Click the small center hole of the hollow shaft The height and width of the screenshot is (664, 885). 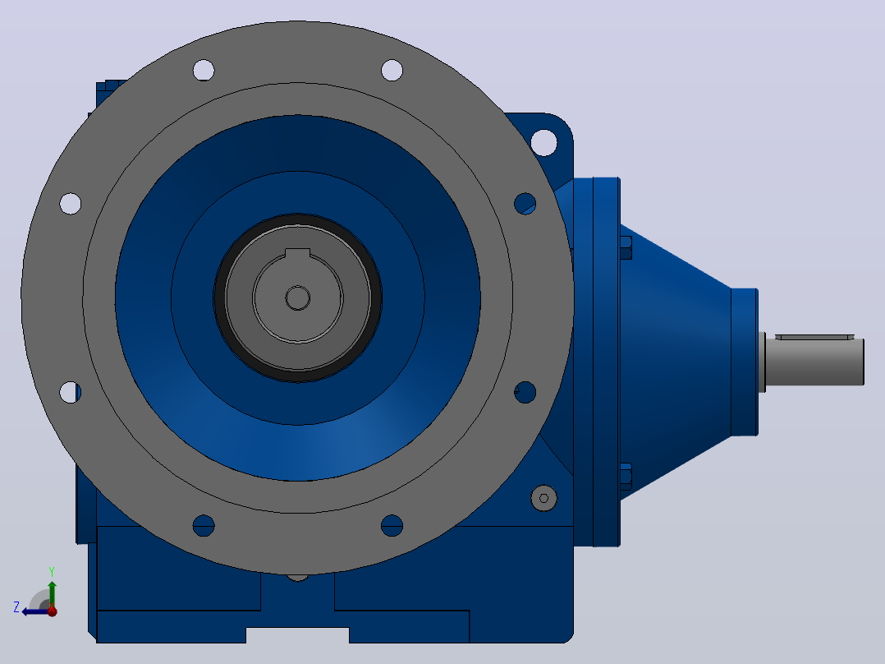click(297, 297)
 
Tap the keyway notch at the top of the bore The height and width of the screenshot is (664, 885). click(297, 254)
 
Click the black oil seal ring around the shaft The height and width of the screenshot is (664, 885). click(297, 297)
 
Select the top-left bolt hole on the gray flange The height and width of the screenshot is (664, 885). click(204, 70)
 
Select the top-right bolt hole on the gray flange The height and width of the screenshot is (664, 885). click(392, 70)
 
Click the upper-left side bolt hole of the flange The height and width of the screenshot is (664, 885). click(71, 204)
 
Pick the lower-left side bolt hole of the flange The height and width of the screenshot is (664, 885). click(71, 392)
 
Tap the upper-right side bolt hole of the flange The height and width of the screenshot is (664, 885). click(525, 204)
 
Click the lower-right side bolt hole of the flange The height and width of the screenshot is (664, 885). click(525, 392)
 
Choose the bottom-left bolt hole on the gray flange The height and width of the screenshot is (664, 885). click(204, 526)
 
